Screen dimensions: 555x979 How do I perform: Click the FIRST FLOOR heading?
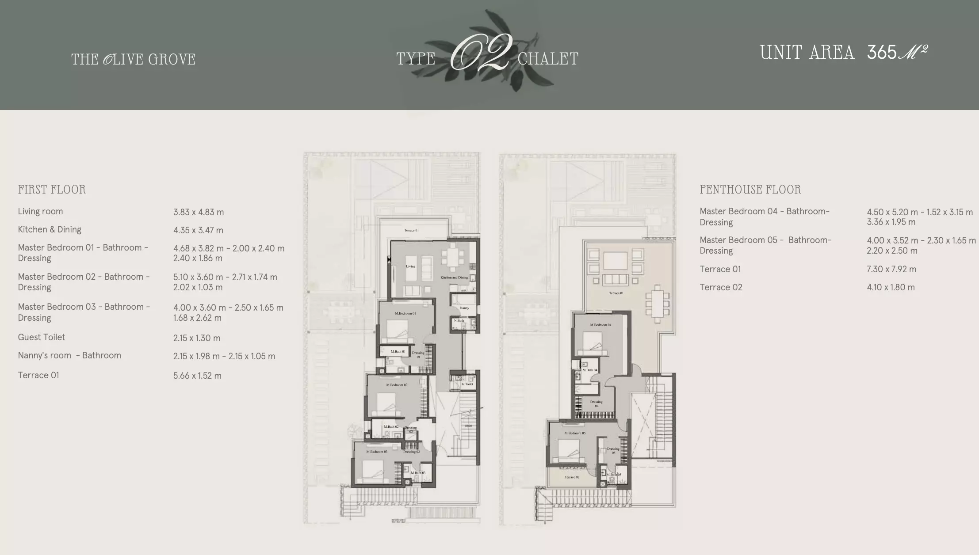[x=52, y=190]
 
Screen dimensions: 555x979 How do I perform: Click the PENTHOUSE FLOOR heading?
[x=750, y=190]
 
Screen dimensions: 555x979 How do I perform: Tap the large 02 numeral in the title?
[x=481, y=53]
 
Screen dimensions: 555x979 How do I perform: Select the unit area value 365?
[x=881, y=53]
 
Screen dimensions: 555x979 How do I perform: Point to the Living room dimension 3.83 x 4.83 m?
[x=199, y=212]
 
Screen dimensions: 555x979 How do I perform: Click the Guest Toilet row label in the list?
[x=41, y=337]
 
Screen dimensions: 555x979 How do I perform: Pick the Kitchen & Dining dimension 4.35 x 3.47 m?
[x=198, y=230]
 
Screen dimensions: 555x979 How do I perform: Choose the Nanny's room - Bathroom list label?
[x=69, y=355]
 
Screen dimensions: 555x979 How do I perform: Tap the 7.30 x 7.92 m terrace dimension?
[x=891, y=269]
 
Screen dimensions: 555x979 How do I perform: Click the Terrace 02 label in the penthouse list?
[x=721, y=287]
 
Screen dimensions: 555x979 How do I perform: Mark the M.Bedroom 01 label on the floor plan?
[x=405, y=313]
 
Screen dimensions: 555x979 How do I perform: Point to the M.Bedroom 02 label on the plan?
[x=397, y=385]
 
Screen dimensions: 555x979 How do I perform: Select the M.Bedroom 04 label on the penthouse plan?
[x=600, y=325]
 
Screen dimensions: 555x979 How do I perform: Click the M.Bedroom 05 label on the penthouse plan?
[x=575, y=433]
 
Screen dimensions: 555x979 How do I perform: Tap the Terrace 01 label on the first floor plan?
[x=411, y=230]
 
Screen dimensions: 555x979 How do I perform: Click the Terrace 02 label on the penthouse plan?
[x=572, y=477]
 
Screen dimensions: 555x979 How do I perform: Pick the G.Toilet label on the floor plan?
[x=467, y=384]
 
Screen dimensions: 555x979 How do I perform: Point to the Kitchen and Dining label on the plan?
[x=454, y=277]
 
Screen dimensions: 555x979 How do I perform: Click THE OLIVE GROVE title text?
[x=133, y=59]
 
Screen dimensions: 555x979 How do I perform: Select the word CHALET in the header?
[x=547, y=59]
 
